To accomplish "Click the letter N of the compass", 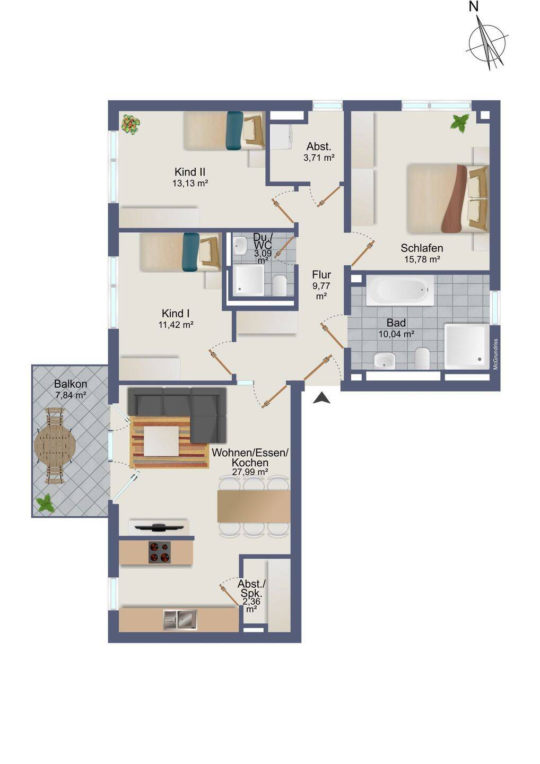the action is click(x=473, y=6).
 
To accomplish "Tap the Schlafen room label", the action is click(x=422, y=248).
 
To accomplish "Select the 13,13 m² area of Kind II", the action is click(x=190, y=183).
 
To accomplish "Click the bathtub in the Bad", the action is click(x=400, y=290).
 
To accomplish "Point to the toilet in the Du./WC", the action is click(x=279, y=285).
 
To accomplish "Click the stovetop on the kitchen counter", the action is click(x=160, y=552).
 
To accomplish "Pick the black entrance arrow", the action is click(x=322, y=398).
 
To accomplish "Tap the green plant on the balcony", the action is click(x=46, y=503).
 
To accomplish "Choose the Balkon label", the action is click(x=71, y=384).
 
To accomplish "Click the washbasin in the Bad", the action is click(x=384, y=361).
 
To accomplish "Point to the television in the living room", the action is click(x=159, y=527).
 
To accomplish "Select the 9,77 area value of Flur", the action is click(x=321, y=285).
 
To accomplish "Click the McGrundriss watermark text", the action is click(x=495, y=354).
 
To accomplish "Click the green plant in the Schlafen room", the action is click(x=460, y=124).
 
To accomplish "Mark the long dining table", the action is click(x=254, y=507).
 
